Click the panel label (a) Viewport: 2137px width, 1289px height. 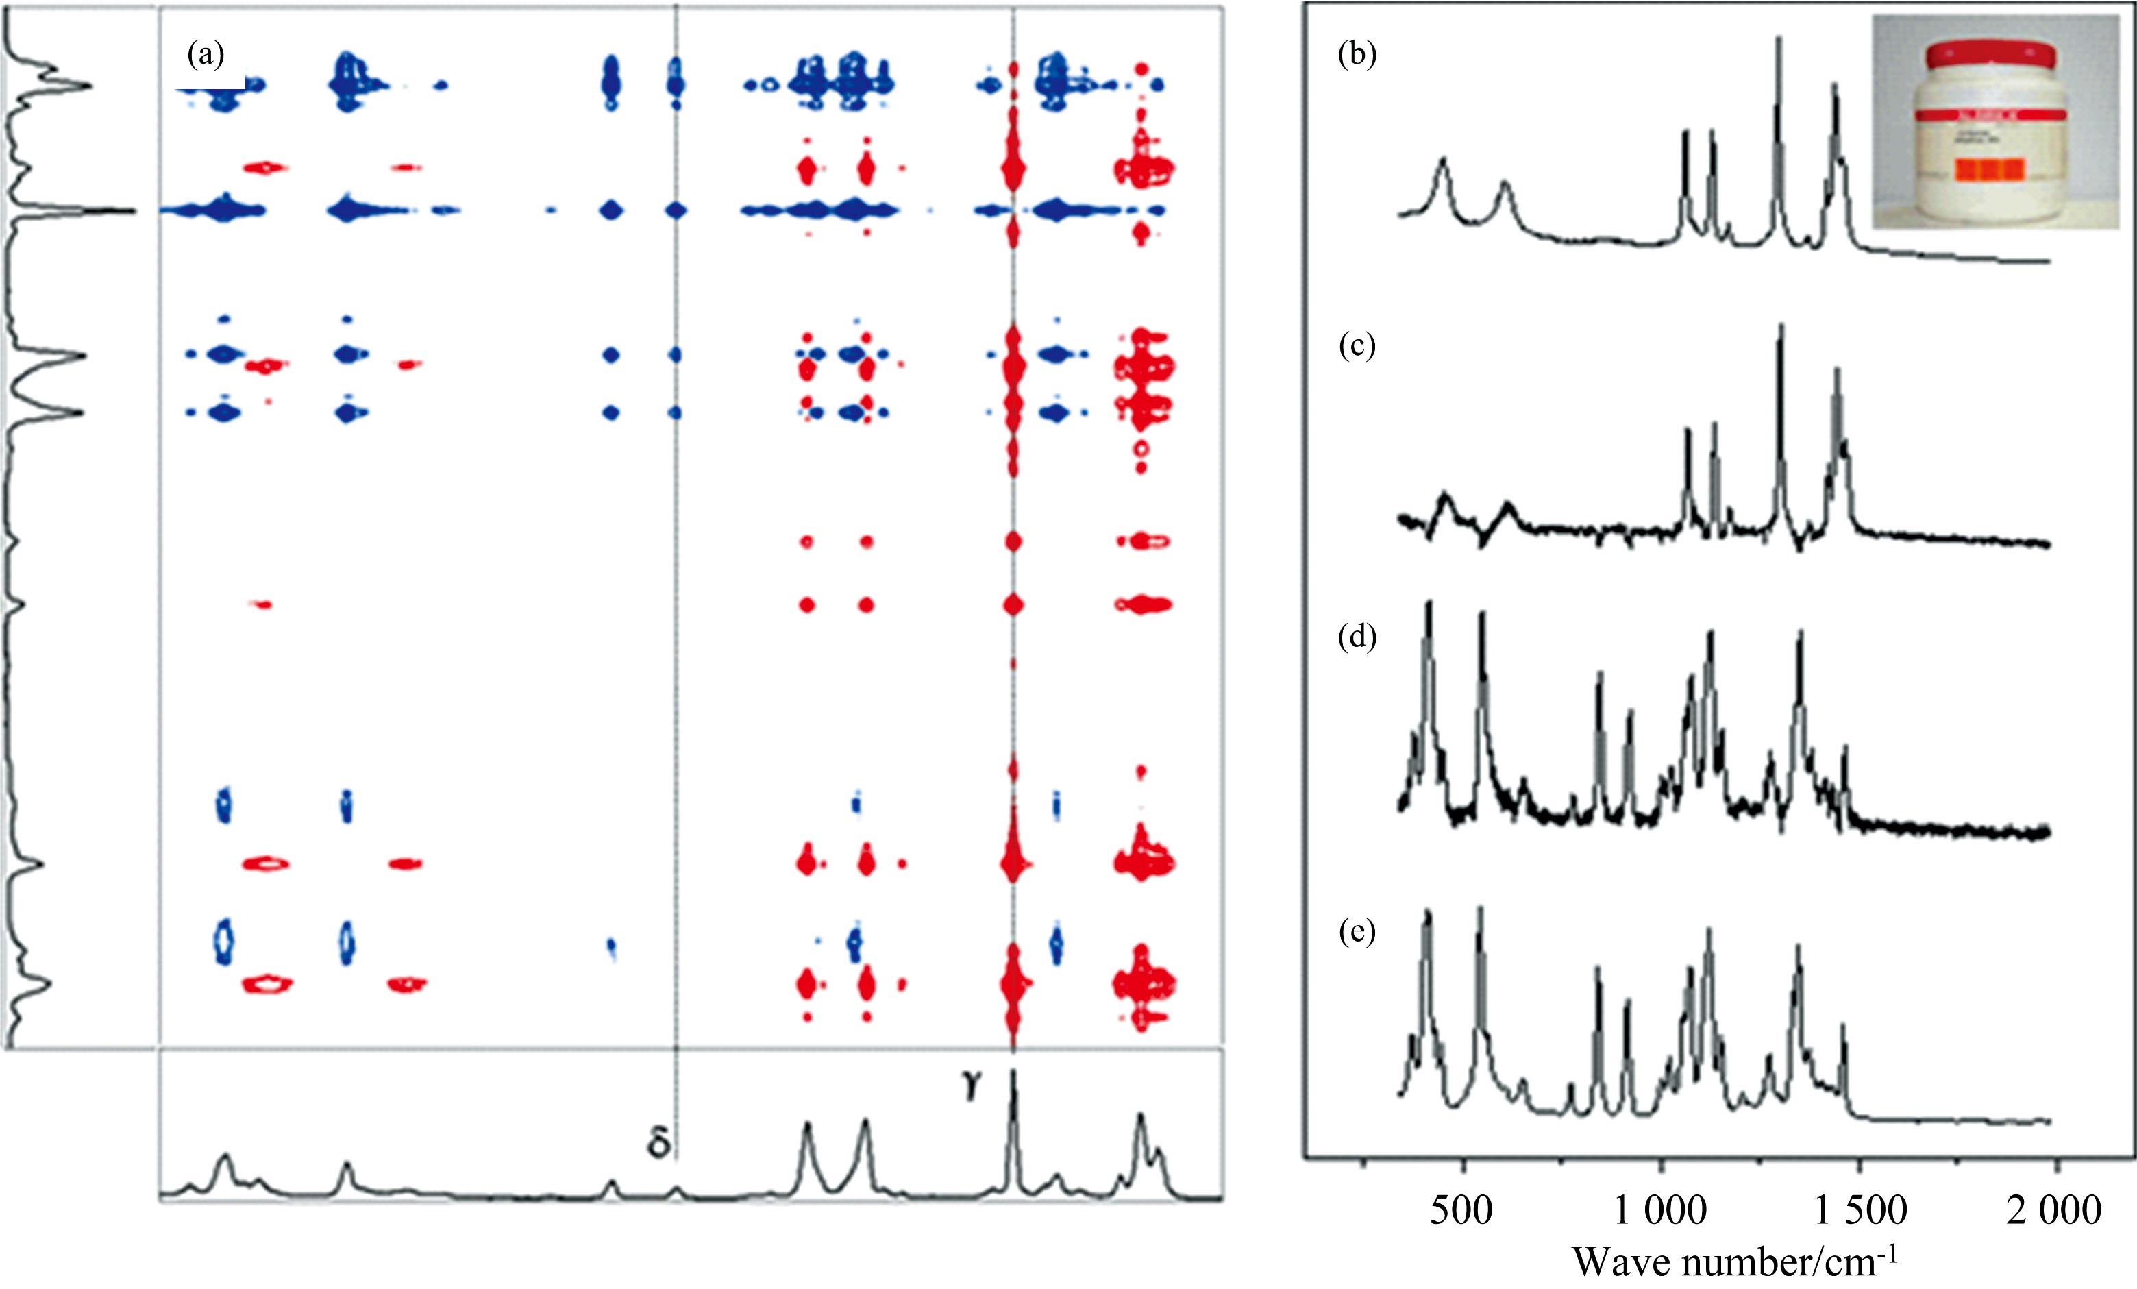(206, 56)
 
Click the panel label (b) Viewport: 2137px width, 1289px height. (1357, 56)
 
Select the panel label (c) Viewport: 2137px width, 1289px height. (1357, 346)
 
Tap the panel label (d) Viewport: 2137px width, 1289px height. (1357, 637)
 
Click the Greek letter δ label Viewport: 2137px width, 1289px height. (658, 1143)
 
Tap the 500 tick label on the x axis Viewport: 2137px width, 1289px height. (1462, 1210)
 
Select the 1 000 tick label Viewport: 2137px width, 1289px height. (1660, 1210)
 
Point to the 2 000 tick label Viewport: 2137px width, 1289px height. (2053, 1210)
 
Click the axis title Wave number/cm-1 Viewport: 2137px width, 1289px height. (1735, 1261)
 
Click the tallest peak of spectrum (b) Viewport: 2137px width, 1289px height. (1779, 39)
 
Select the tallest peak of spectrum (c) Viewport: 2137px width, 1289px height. (1781, 327)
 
